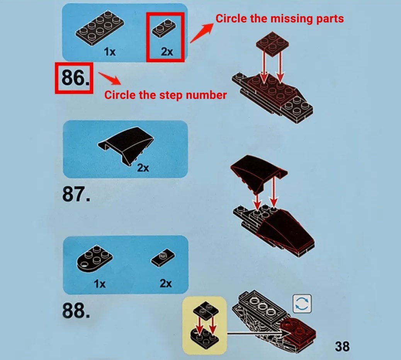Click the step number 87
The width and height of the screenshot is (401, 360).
76,194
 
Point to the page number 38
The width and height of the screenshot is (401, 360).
342,346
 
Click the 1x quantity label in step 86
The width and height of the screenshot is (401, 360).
110,52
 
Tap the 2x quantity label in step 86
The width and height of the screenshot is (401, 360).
167,52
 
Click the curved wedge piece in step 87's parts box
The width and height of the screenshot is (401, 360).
126,144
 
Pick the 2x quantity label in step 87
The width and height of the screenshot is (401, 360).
143,168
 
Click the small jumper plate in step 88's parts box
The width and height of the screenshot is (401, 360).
163,258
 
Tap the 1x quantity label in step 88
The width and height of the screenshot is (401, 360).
100,284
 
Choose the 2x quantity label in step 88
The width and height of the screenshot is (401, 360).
166,283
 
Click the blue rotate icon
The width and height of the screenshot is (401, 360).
302,304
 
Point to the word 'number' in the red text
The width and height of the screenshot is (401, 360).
206,95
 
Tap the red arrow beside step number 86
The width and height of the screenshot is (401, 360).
110,78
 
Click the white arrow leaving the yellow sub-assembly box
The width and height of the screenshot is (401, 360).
258,333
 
